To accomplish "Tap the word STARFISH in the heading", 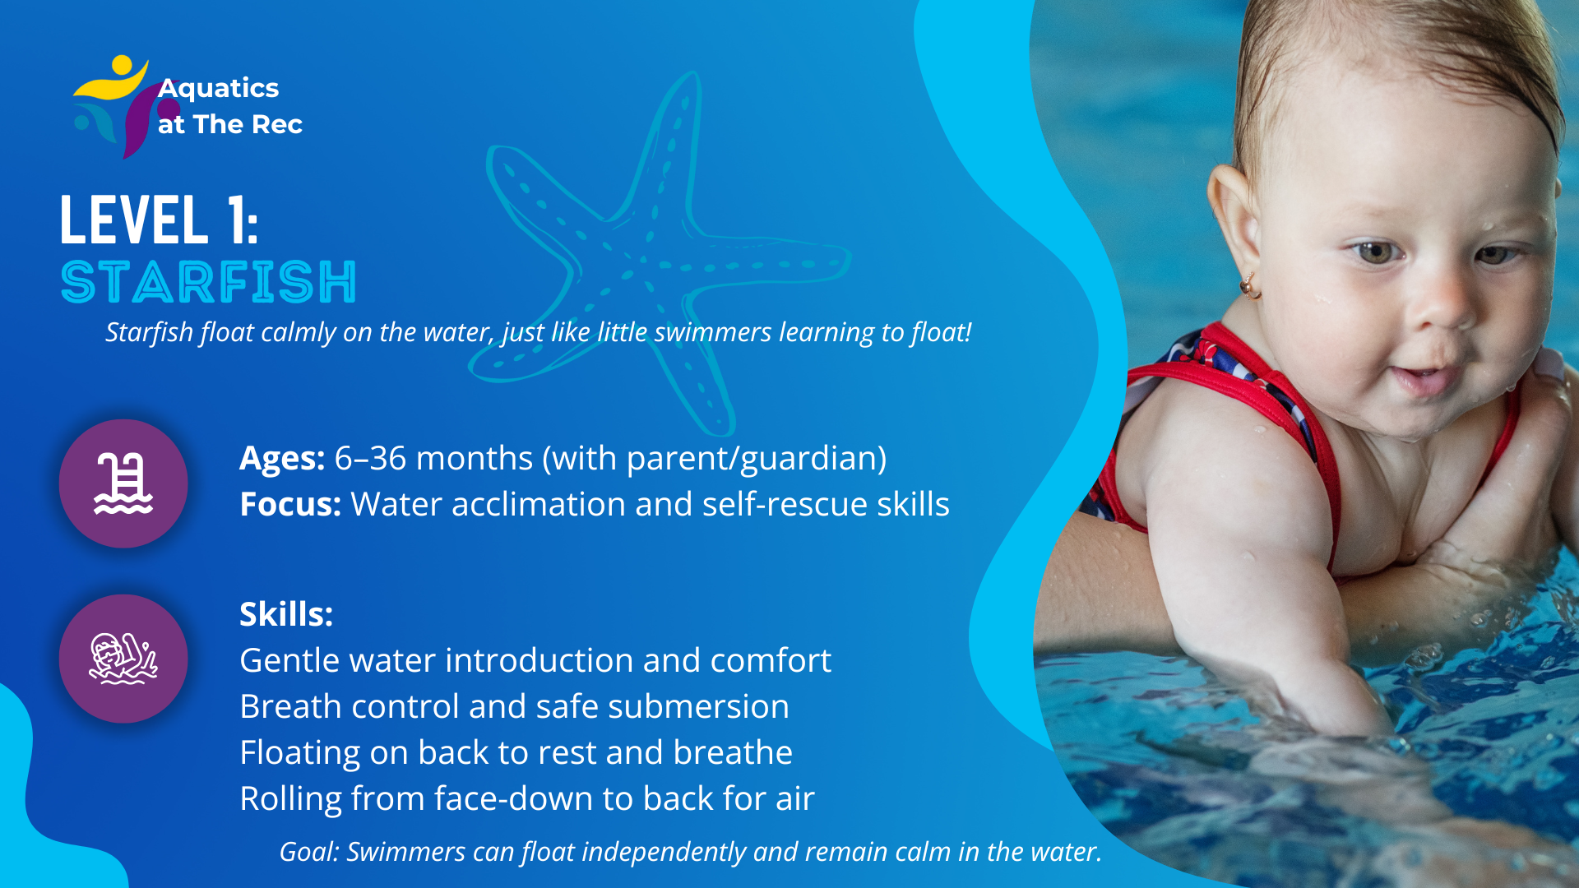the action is click(209, 282).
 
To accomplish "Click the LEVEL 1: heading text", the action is click(160, 220).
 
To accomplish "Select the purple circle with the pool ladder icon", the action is click(123, 483).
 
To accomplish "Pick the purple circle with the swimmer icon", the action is click(123, 659).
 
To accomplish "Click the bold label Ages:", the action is click(282, 458).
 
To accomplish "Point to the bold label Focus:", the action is click(290, 504).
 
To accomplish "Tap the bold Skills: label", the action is click(286, 614).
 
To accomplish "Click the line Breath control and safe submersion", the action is click(514, 706).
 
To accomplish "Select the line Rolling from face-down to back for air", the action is click(527, 798).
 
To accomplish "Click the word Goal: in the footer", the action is click(309, 852).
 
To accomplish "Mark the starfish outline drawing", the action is click(658, 255).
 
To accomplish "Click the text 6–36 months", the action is click(433, 458).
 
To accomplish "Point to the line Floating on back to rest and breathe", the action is click(516, 752).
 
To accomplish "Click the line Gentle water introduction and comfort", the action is click(535, 660).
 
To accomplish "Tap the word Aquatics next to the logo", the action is click(219, 88).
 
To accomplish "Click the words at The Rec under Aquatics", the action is click(230, 124).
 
